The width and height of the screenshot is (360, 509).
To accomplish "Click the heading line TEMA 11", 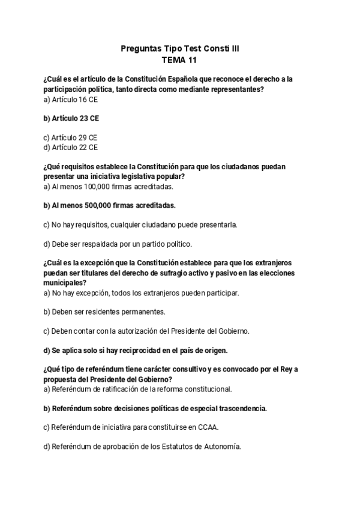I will [179, 60].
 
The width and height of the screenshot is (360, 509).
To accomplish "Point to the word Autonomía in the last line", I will [223, 447].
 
